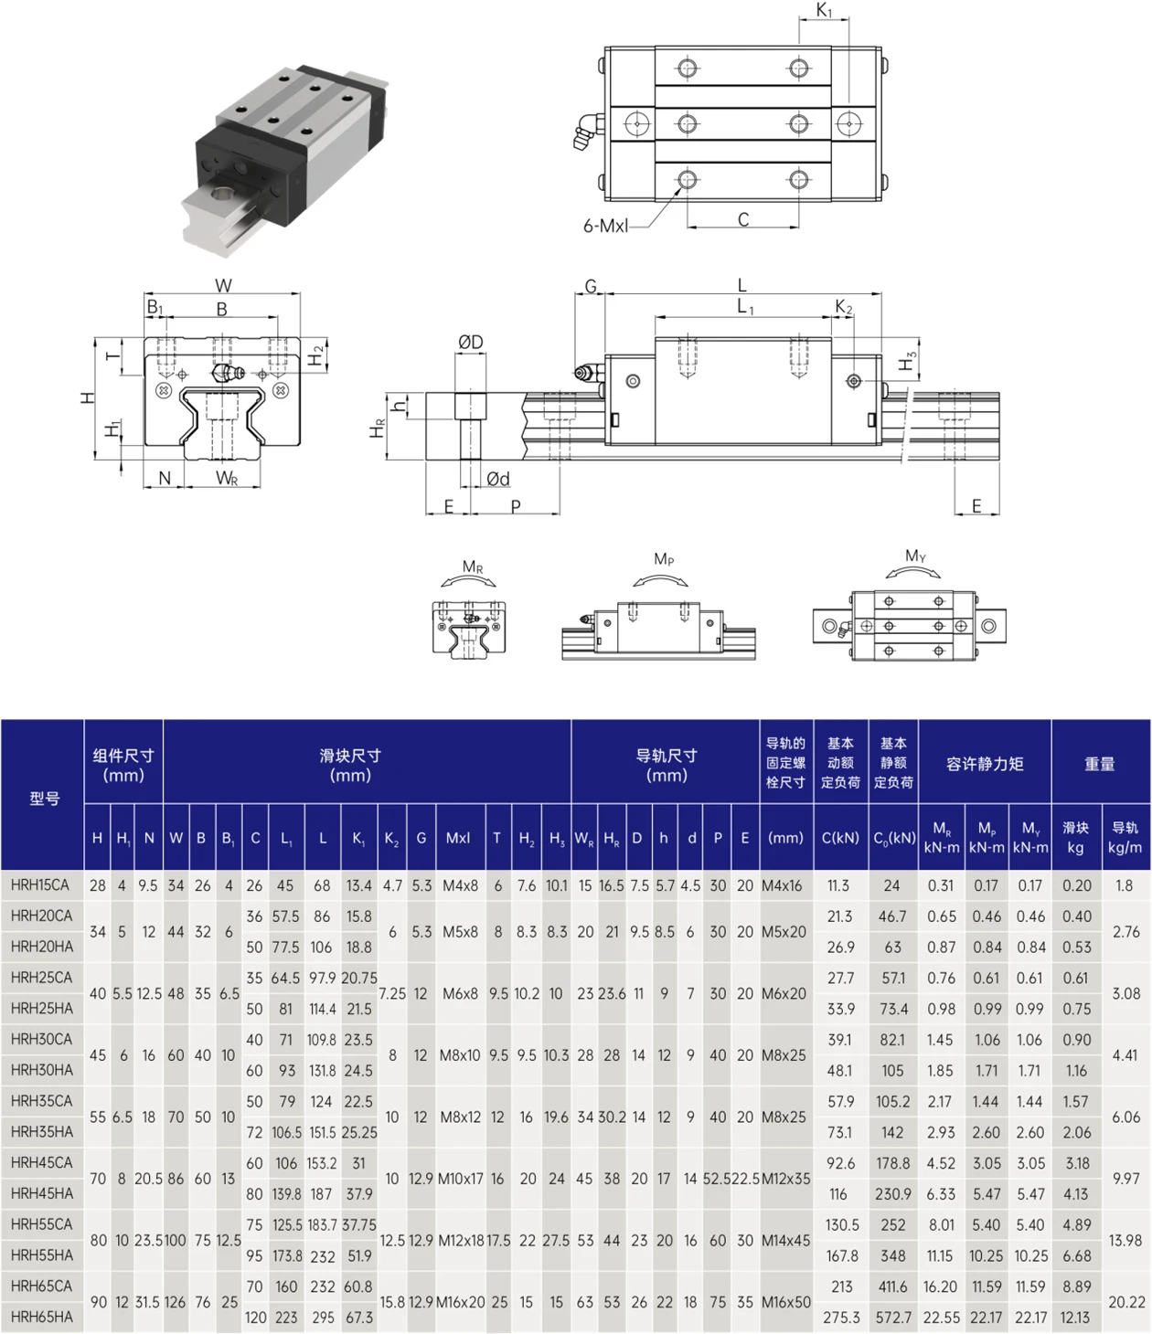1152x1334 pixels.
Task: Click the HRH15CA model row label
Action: pos(40,884)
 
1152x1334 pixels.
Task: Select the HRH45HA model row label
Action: pos(42,1193)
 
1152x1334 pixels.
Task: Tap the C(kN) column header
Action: pos(840,838)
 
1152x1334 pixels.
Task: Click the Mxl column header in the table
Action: pos(458,838)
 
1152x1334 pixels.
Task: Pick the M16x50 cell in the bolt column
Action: pos(785,1302)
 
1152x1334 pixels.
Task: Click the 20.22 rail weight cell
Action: pos(1126,1302)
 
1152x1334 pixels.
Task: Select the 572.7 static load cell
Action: pos(893,1318)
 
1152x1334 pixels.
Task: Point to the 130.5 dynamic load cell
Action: pos(841,1225)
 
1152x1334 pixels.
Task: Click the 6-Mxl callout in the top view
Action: pos(605,226)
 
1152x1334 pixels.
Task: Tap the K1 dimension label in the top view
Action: pos(825,10)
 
